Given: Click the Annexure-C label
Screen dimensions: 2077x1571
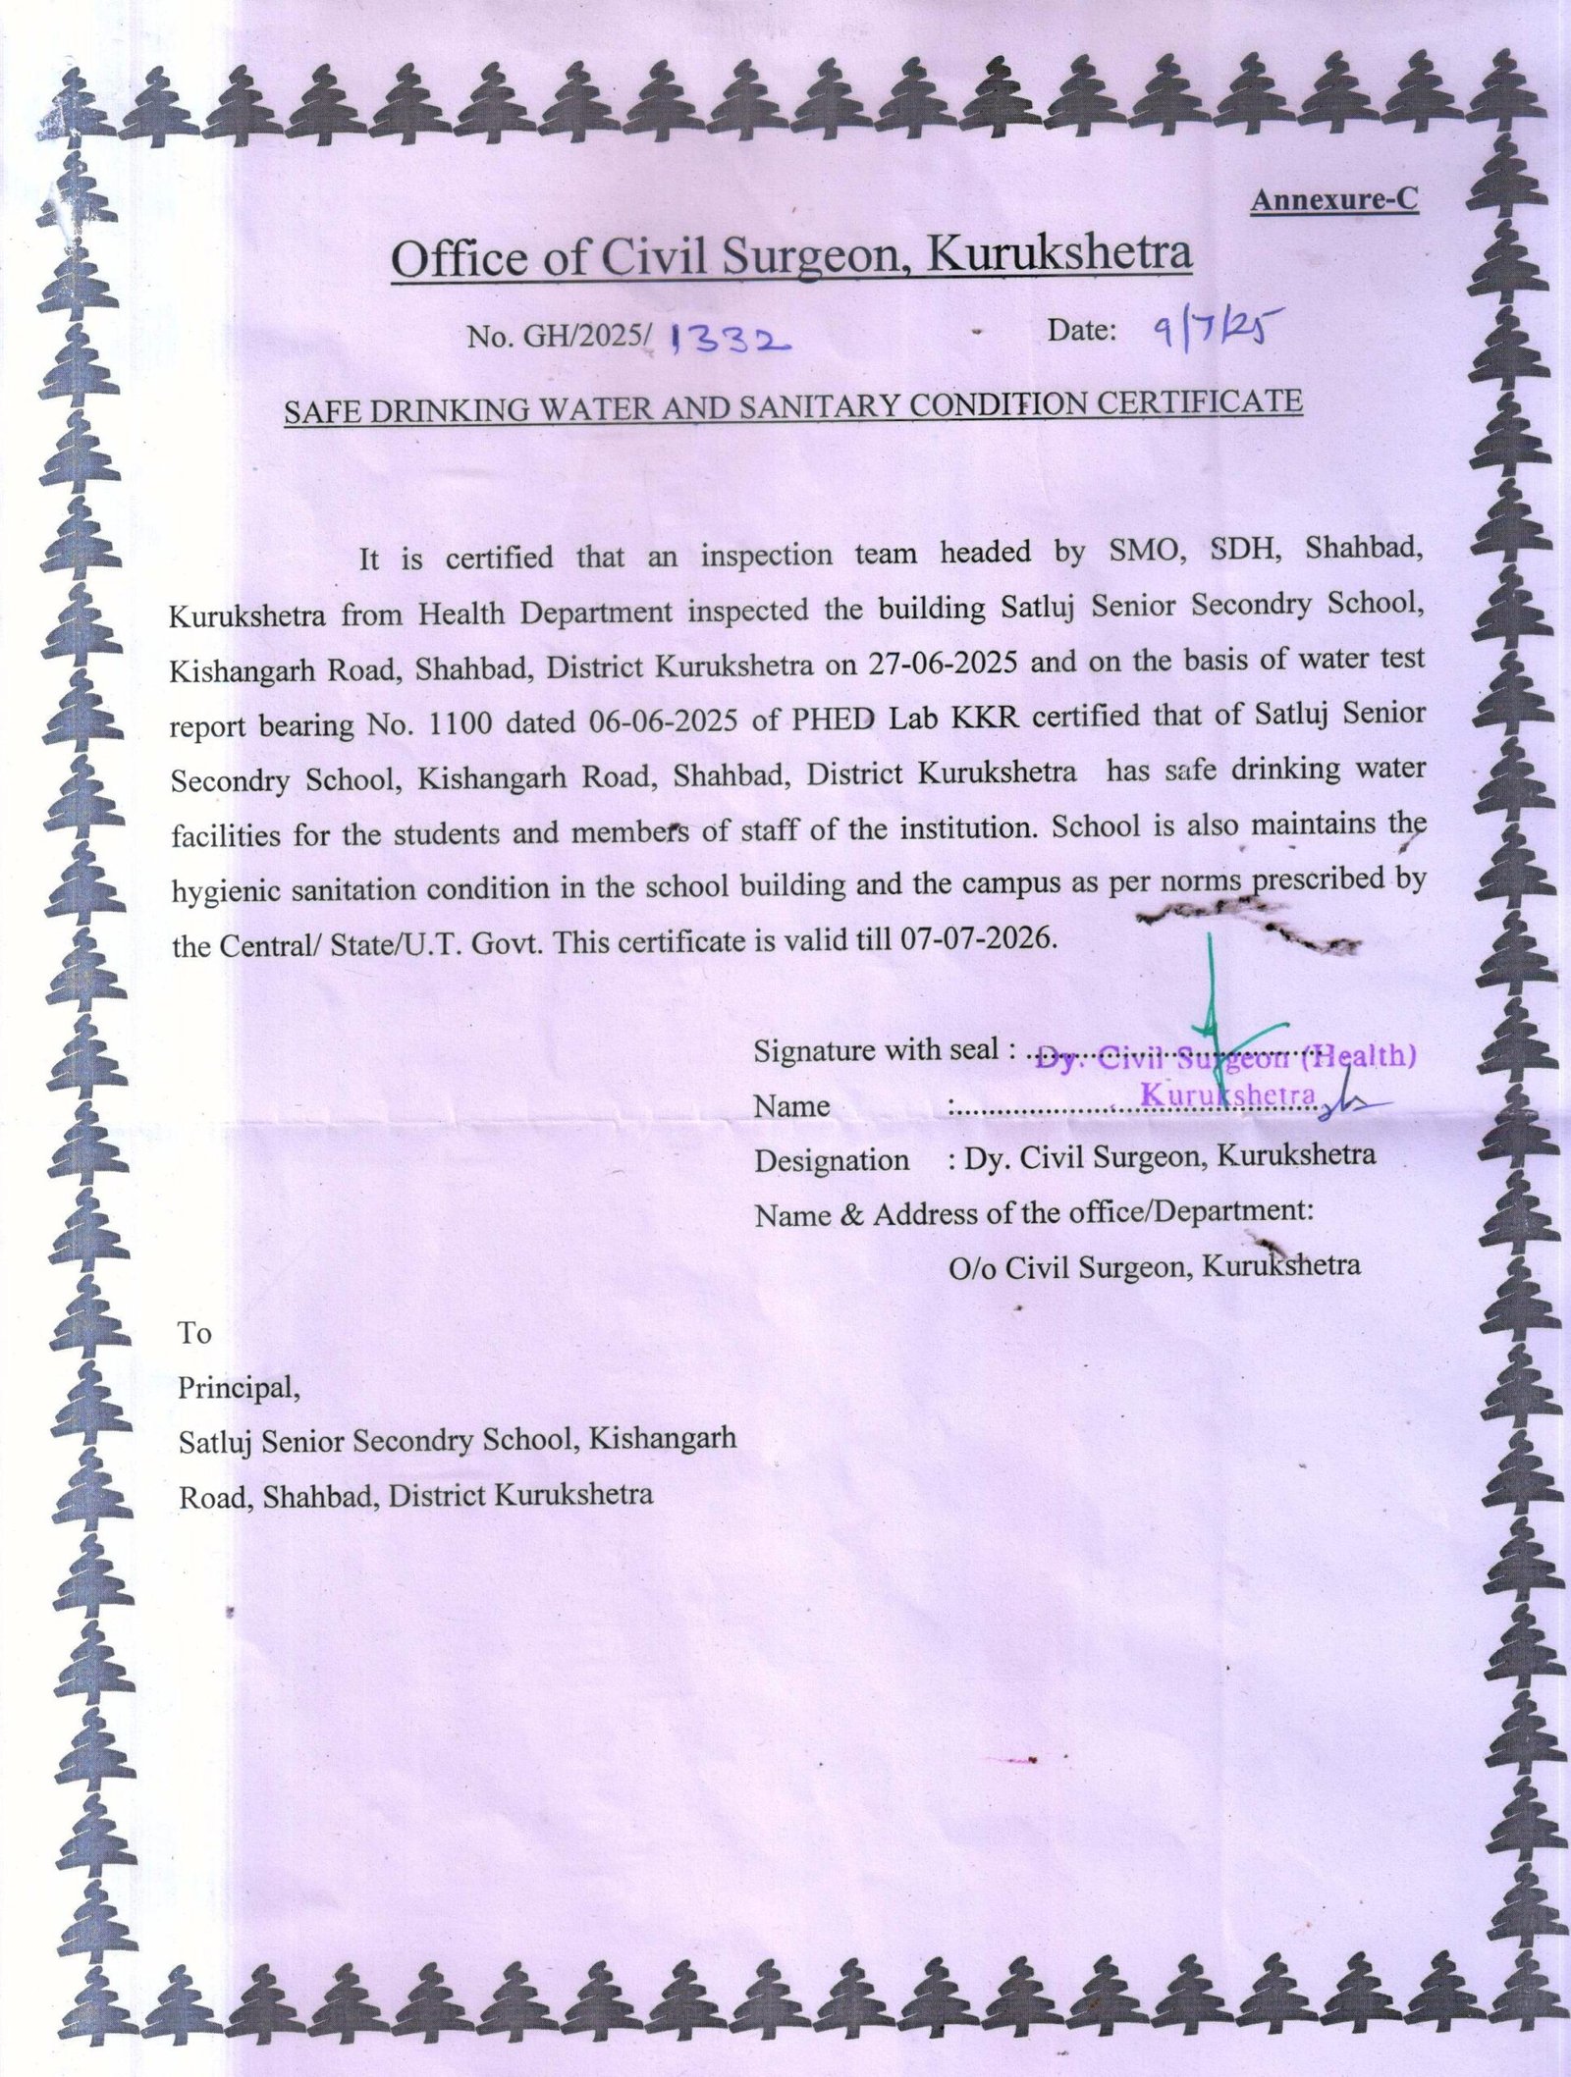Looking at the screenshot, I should pos(1334,199).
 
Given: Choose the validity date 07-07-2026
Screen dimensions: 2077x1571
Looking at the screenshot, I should pos(977,939).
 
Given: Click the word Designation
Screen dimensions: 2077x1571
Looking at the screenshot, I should pos(831,1160).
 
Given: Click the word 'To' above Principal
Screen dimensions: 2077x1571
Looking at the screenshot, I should pos(193,1333).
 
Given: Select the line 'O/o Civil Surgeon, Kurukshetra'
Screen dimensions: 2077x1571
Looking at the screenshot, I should pos(1154,1266).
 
